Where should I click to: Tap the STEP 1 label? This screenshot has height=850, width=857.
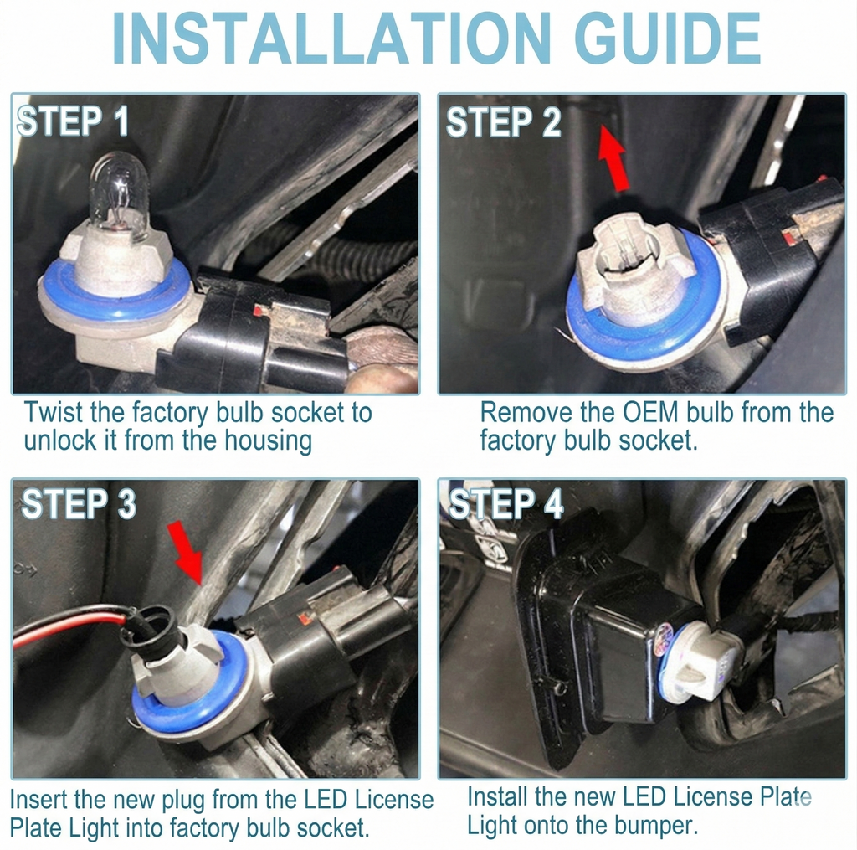tap(74, 121)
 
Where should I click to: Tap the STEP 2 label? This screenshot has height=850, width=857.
tap(503, 121)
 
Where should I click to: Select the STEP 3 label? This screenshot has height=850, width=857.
tap(79, 503)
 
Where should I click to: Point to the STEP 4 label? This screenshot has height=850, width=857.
tap(505, 503)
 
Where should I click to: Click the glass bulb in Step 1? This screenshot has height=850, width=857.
tap(119, 197)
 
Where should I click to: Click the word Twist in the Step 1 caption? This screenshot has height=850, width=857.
tap(53, 412)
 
